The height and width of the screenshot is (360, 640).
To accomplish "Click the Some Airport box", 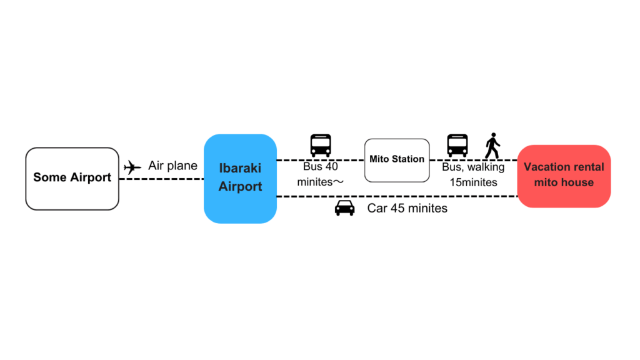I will point(72,179).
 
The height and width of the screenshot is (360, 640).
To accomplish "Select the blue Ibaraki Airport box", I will point(240,179).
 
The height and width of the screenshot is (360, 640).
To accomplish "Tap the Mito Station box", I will point(397,160).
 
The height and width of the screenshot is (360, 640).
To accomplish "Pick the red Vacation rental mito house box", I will point(564,176).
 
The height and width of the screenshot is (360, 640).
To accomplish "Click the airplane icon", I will point(132,167).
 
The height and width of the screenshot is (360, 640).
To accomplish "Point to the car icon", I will point(345,207).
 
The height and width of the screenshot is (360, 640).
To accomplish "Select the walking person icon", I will point(492,146).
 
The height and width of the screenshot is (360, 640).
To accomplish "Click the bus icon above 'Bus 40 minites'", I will point(321,146).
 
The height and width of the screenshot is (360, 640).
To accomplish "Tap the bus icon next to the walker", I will point(457,146).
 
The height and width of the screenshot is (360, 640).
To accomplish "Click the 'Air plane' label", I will point(172,166).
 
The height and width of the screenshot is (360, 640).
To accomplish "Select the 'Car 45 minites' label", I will point(407,209).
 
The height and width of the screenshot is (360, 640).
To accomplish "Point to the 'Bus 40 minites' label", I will point(321,175).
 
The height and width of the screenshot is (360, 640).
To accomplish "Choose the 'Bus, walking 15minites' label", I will point(473,175).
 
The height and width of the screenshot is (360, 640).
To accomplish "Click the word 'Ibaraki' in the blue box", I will point(240,169).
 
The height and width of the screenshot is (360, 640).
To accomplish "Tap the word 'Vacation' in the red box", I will point(544,167).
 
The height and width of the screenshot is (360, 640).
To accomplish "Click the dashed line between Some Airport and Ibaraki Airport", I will point(161,179).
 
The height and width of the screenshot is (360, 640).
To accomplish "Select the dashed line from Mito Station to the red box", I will point(473,160).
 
